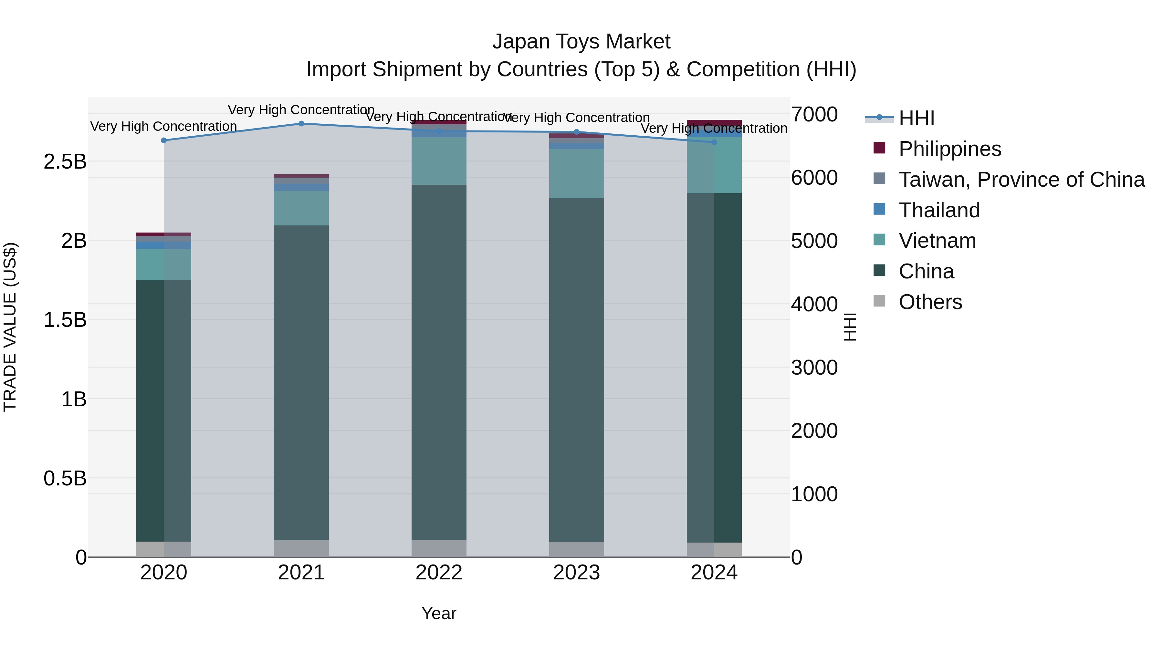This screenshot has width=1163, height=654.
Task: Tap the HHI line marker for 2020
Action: (x=164, y=140)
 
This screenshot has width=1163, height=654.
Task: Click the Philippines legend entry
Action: (x=949, y=149)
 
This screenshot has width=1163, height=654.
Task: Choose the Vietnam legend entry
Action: (x=937, y=241)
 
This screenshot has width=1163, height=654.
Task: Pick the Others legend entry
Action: (x=930, y=302)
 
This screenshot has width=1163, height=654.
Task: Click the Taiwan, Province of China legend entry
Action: (x=1021, y=180)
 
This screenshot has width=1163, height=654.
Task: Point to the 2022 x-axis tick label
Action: (x=439, y=573)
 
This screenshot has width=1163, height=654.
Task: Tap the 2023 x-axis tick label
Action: (x=577, y=573)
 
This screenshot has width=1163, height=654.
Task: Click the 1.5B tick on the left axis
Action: (x=65, y=320)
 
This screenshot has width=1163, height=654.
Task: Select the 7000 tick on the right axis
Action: (x=814, y=114)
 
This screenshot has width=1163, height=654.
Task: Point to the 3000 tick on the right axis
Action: (x=814, y=368)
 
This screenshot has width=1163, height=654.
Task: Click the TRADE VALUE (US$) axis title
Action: (x=10, y=327)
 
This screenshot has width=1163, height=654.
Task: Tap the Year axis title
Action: (x=439, y=613)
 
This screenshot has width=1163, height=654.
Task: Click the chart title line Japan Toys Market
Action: (x=581, y=42)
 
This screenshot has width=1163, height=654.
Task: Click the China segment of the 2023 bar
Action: (x=577, y=370)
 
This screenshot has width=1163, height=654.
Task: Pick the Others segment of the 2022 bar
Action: (x=439, y=548)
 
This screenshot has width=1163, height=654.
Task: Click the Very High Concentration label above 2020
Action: (x=164, y=126)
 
